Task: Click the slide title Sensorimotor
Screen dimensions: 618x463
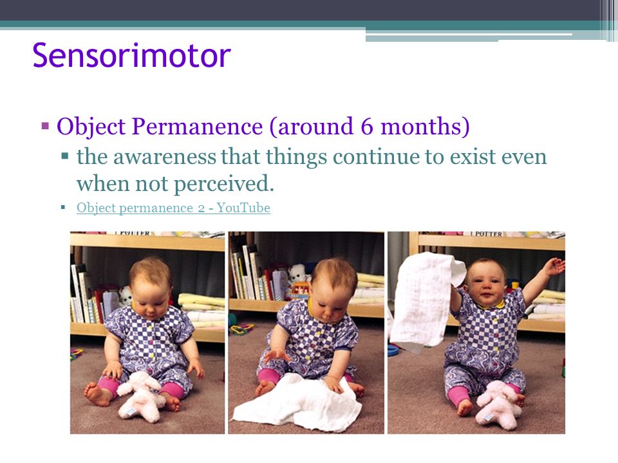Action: point(131,55)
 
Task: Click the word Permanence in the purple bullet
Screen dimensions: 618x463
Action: point(197,126)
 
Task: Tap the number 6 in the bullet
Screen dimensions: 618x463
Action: point(366,127)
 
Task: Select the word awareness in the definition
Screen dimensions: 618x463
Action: point(164,157)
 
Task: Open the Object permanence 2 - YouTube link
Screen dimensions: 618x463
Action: point(173,208)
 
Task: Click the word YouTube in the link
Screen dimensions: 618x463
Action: point(243,208)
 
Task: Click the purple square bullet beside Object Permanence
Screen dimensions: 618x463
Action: point(45,127)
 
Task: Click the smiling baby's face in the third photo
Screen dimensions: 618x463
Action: point(487,283)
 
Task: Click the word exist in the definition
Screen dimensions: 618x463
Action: point(473,157)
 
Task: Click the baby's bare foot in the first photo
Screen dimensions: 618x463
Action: point(96,394)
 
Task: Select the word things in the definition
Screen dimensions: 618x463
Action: point(296,158)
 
